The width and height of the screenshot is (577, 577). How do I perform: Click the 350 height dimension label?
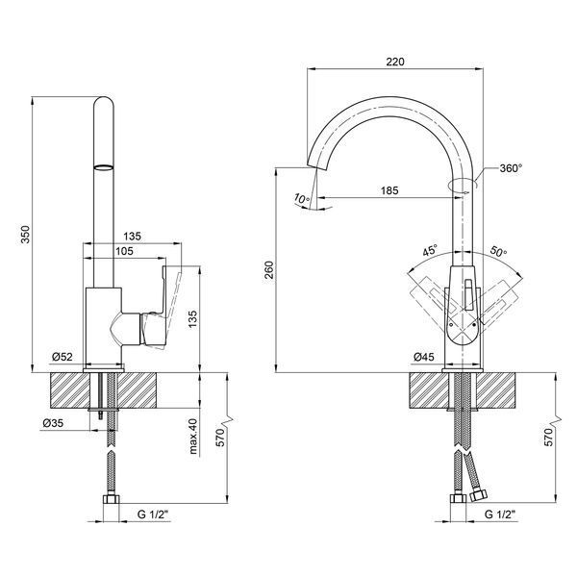tap(25, 234)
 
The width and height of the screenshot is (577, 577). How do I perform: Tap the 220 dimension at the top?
tap(395, 62)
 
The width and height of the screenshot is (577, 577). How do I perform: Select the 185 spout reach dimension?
tap(389, 190)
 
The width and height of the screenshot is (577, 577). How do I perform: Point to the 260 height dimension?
tap(269, 269)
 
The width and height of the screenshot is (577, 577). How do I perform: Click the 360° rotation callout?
tap(511, 168)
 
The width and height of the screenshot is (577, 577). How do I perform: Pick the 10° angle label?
tap(302, 199)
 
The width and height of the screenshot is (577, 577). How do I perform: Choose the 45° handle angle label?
tap(430, 250)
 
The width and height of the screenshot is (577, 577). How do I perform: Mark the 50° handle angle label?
tap(498, 251)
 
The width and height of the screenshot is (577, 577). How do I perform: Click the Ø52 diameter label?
tap(63, 356)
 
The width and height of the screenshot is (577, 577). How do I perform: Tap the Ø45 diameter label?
tap(424, 356)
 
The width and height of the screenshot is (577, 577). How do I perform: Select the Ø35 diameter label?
tap(53, 423)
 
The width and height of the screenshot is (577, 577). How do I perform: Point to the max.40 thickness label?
tap(193, 437)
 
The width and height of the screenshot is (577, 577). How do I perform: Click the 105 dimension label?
tap(124, 251)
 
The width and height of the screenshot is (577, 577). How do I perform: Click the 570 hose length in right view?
tap(548, 437)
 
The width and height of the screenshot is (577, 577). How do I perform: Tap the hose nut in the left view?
tap(111, 499)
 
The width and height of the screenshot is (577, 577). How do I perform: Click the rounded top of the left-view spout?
tap(104, 102)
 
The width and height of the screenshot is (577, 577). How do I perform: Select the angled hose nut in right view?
tap(479, 495)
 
